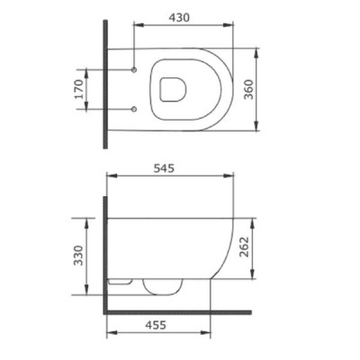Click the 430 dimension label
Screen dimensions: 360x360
(x=179, y=18)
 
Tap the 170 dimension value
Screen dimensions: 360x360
(x=79, y=89)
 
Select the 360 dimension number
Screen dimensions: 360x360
(x=248, y=89)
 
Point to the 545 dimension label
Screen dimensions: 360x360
(x=164, y=168)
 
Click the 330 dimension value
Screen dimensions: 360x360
(x=78, y=256)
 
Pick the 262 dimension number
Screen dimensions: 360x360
(x=245, y=247)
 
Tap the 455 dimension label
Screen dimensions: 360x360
(x=156, y=325)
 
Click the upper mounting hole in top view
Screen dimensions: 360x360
(x=134, y=70)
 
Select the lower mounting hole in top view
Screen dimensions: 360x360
(x=134, y=109)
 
